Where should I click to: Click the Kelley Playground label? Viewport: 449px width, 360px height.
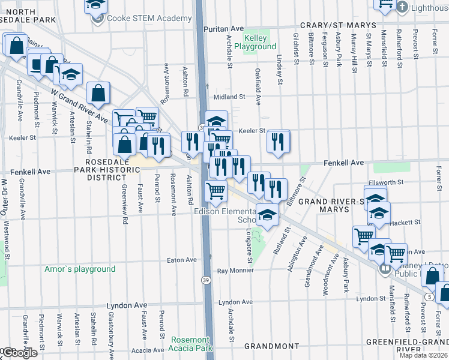(x=255, y=42)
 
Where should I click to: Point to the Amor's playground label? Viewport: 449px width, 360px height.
(x=80, y=269)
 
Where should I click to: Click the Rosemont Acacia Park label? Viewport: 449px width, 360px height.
(x=191, y=344)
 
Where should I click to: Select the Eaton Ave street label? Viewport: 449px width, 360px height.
(x=182, y=260)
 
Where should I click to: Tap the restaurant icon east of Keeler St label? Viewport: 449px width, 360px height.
(x=277, y=142)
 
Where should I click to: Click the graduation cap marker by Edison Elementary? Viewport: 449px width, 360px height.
(x=268, y=214)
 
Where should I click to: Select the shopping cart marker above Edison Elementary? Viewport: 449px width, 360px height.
(x=215, y=191)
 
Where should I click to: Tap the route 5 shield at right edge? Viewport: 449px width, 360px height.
(x=429, y=296)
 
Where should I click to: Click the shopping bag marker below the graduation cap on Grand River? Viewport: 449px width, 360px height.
(x=98, y=94)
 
